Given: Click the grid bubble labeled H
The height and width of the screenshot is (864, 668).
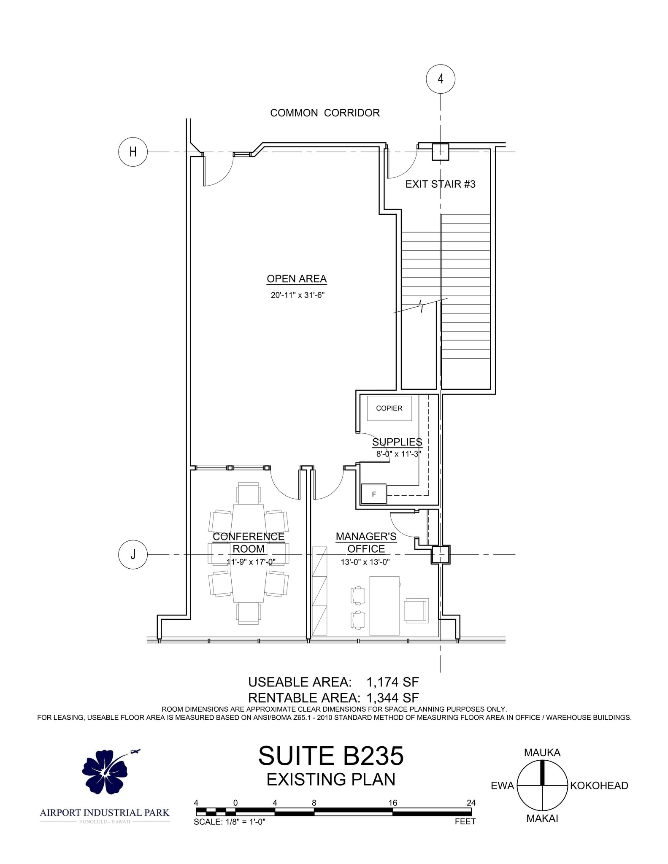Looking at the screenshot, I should [133, 152].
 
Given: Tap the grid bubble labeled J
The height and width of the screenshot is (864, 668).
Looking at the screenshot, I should [133, 554].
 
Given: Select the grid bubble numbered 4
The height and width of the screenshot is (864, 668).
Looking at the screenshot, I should [441, 79].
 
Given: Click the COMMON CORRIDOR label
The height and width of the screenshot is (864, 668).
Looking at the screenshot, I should [325, 113].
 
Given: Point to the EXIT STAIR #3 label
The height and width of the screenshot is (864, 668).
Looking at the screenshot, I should [440, 184].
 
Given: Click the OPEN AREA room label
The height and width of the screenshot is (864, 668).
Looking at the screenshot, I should [297, 279].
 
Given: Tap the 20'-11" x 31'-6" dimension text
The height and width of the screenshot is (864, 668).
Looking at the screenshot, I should [297, 295].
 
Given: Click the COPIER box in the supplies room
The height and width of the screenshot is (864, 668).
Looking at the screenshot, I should [389, 408].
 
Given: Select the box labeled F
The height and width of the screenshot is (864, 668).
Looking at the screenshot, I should [374, 494].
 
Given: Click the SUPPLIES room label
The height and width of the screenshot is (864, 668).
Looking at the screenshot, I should [397, 442].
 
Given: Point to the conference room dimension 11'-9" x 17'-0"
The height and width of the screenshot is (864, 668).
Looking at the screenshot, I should [251, 562].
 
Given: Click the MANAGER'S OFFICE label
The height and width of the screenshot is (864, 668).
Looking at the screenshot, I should [366, 543].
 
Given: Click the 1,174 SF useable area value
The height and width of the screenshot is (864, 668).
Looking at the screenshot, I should [392, 682].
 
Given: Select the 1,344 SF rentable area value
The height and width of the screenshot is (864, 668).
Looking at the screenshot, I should [392, 698].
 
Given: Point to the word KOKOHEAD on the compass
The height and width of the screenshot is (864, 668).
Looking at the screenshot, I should [599, 786].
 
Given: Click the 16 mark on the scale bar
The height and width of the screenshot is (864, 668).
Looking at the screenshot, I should [393, 803].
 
